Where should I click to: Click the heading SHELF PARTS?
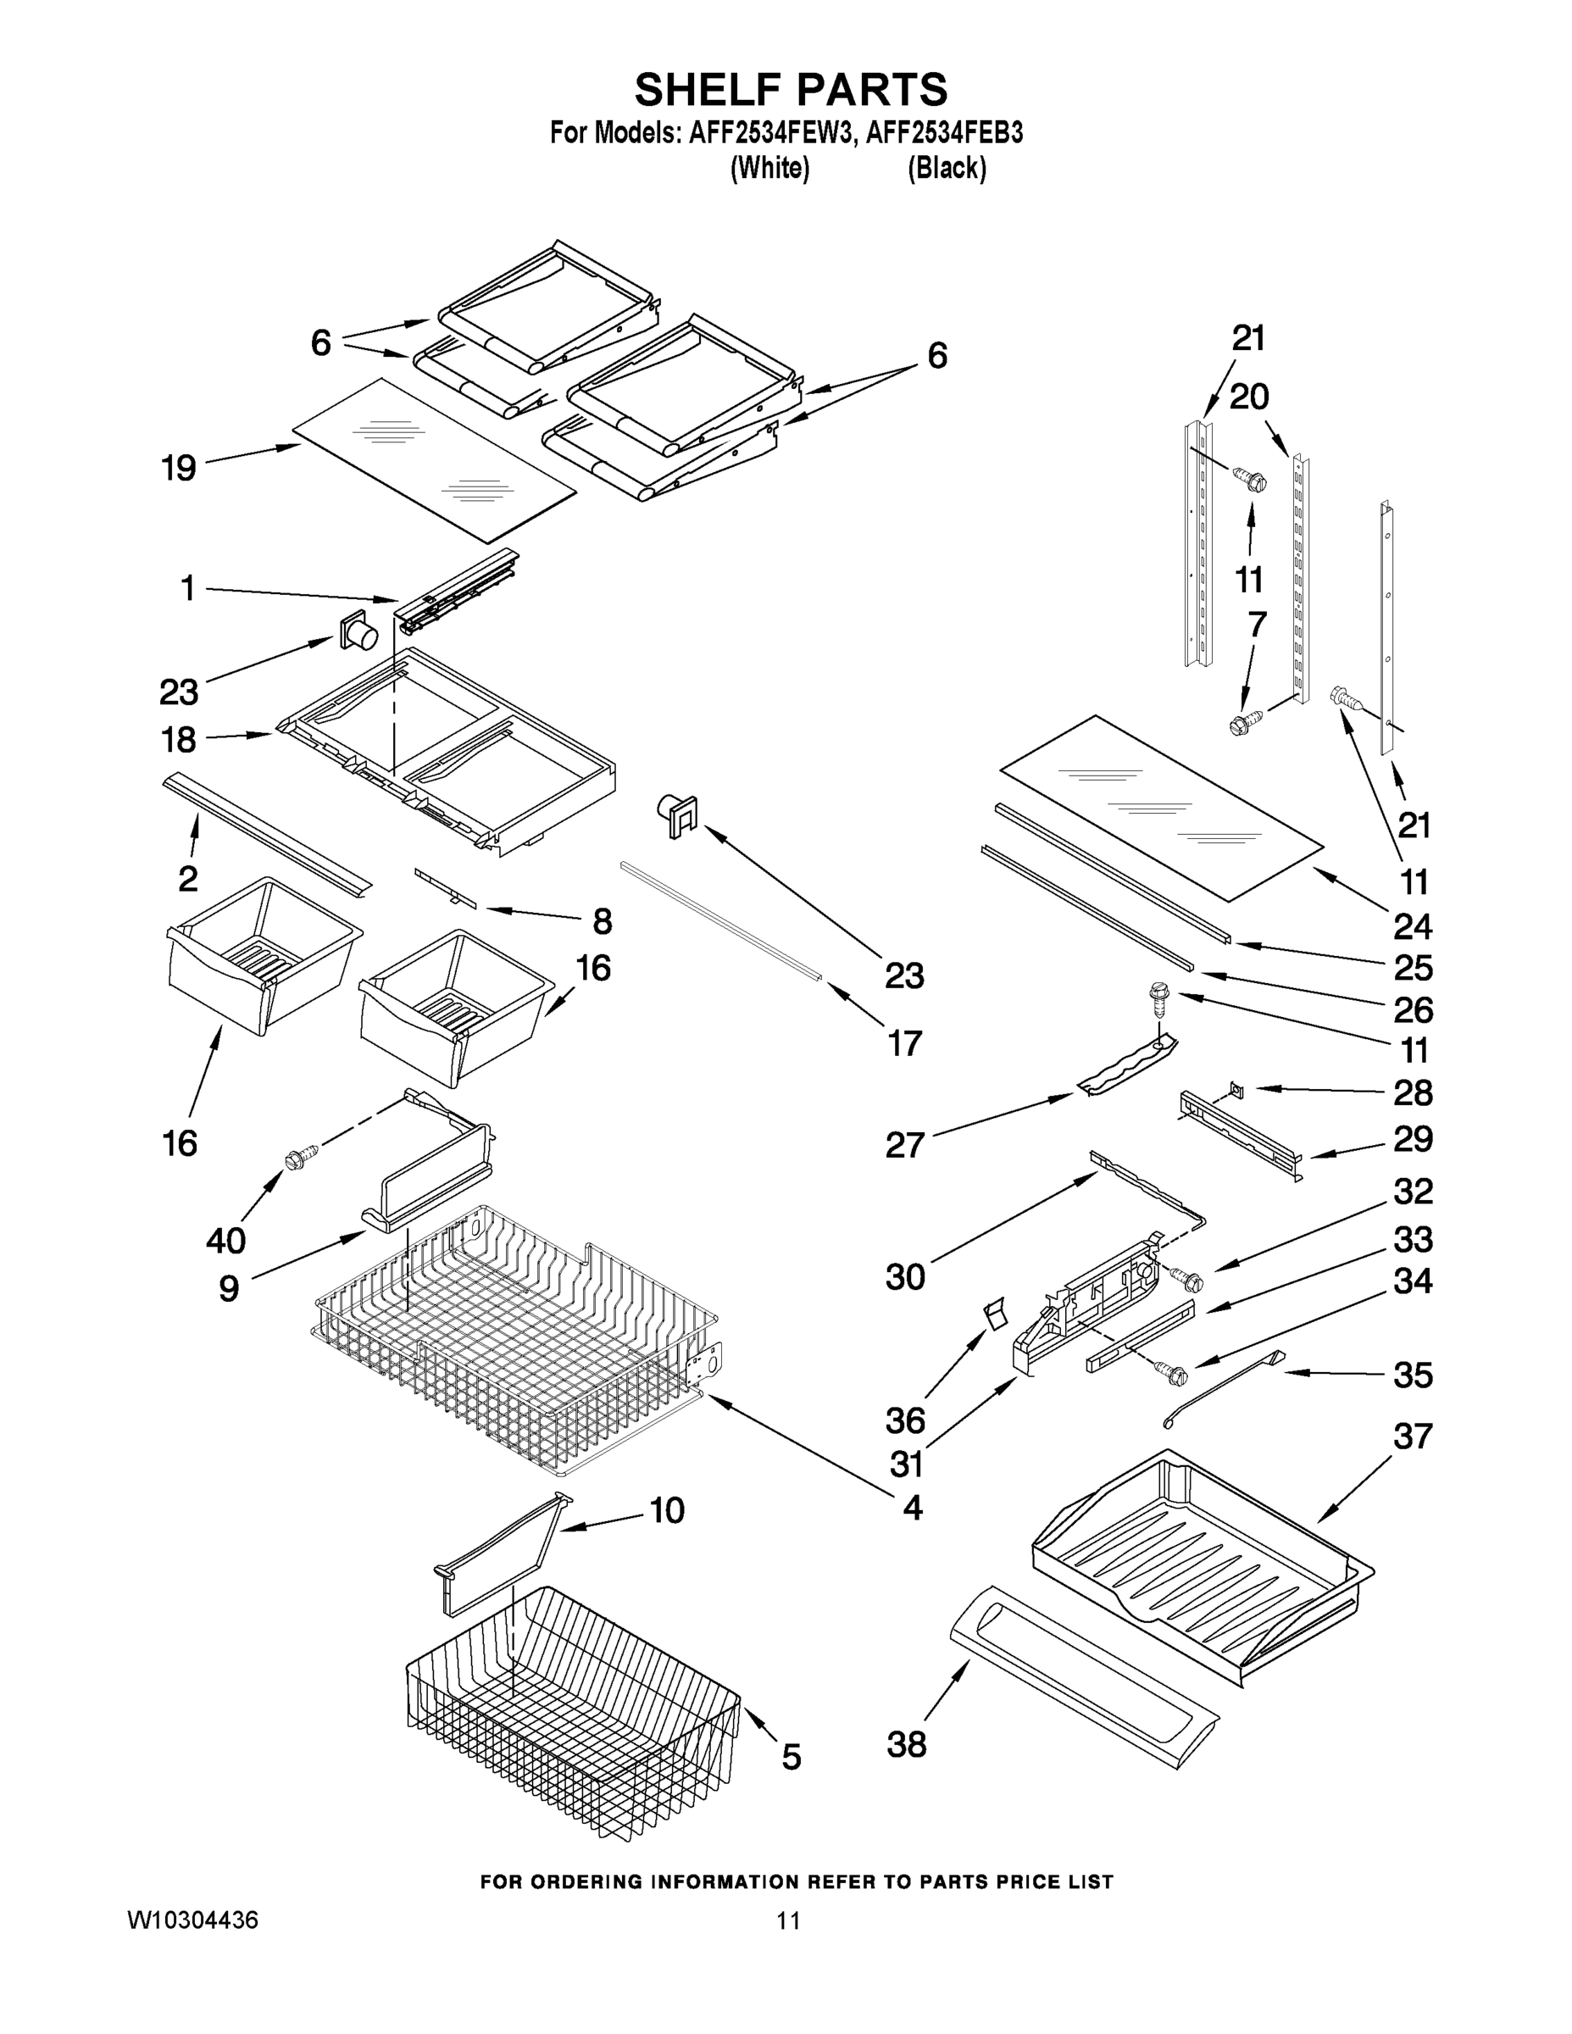click(x=791, y=91)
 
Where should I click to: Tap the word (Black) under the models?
click(x=947, y=169)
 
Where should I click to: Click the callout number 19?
click(x=178, y=468)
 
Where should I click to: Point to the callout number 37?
click(x=1412, y=1437)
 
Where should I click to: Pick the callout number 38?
click(x=906, y=1744)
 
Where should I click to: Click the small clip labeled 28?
click(x=1236, y=1086)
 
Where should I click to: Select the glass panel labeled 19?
click(x=434, y=460)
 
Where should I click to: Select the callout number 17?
click(x=904, y=1043)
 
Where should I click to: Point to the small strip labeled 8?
click(x=445, y=887)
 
